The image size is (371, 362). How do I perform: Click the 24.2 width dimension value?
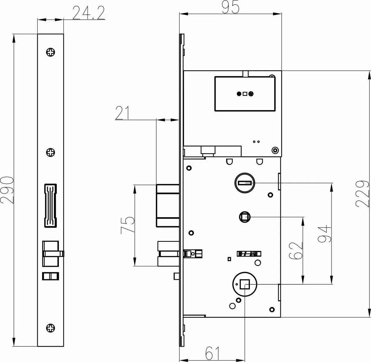coord(89,13)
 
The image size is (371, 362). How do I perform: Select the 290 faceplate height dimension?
coord(7,190)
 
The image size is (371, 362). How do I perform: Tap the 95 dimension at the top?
coord(230,7)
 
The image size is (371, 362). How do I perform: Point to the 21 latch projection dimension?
coord(122,113)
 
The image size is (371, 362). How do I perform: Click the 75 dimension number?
coord(128,225)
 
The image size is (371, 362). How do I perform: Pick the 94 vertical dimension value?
coord(325,234)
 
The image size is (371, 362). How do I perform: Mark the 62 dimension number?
coord(296,251)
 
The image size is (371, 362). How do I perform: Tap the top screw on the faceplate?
coord(51,52)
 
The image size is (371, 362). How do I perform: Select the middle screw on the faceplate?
coord(51,152)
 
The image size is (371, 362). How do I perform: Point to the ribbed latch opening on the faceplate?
coord(50,206)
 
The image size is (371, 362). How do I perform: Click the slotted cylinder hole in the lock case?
coord(245,183)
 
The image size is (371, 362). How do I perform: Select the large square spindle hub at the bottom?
coord(245,284)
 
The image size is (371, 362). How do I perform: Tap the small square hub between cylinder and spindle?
coord(245,217)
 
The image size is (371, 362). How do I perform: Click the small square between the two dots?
coord(245,94)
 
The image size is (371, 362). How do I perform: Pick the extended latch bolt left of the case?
coord(168,206)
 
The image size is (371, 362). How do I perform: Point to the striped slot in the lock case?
coord(249,254)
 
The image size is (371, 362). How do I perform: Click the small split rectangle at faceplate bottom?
coord(50,276)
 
